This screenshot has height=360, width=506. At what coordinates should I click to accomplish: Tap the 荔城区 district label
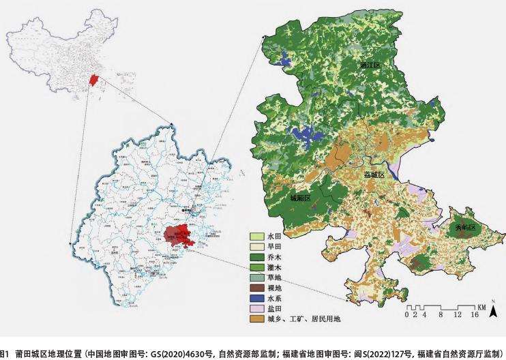coord(372,175)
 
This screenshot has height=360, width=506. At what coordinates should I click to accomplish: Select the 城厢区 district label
coord(300,198)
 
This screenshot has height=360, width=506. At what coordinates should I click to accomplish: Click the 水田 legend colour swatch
coord(255,236)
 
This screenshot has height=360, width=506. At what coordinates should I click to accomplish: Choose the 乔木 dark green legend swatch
coord(255,258)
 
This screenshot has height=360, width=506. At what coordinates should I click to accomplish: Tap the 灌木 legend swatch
coord(255,269)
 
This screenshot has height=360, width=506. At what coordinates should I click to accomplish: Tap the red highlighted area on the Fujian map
coord(179,235)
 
